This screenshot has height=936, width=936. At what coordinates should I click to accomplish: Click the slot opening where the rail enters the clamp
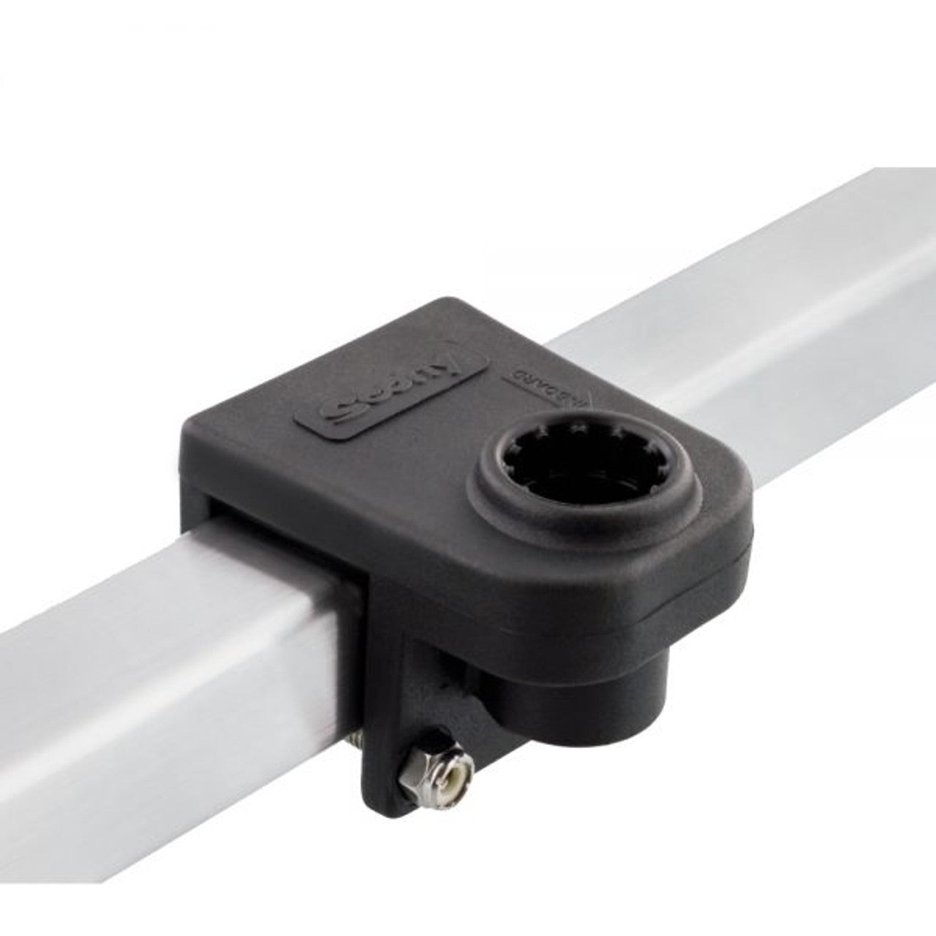278,512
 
